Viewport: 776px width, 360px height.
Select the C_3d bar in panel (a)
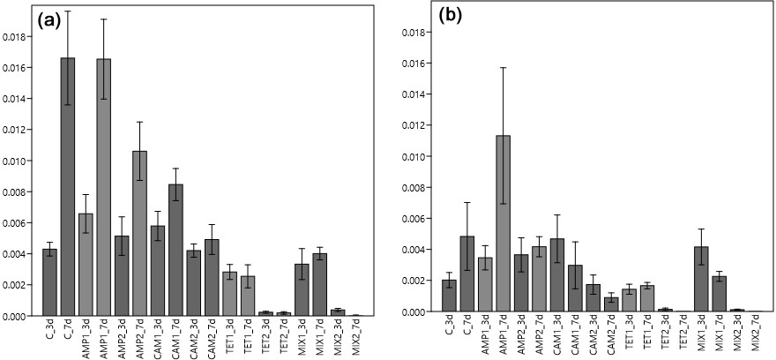tap(49, 281)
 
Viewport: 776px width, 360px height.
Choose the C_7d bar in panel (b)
tap(466, 274)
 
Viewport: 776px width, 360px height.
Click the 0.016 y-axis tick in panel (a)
tap(13, 68)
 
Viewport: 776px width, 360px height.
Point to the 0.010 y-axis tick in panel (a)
tap(13, 161)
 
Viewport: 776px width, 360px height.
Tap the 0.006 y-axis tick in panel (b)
tap(413, 219)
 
